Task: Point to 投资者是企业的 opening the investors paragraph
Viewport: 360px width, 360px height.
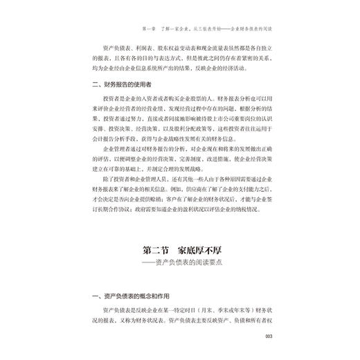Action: (120, 100)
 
